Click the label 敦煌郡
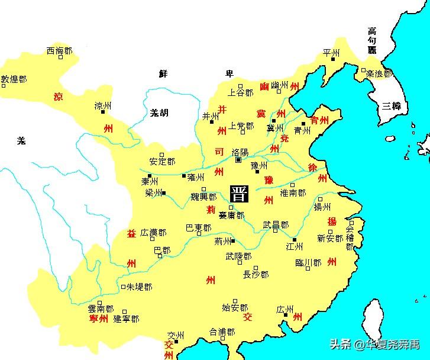click(x=14, y=78)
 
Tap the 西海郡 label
click(x=59, y=52)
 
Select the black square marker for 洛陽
click(x=238, y=160)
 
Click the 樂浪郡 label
click(x=379, y=74)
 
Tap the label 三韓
click(x=391, y=107)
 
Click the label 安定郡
click(x=162, y=161)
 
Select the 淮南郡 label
click(x=293, y=193)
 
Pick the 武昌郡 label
click(x=276, y=226)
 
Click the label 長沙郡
click(x=256, y=274)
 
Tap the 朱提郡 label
click(x=139, y=287)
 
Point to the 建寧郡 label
click(x=126, y=319)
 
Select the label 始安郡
click(x=234, y=307)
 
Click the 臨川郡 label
click(x=308, y=262)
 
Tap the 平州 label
click(x=332, y=53)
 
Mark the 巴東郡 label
click(x=198, y=227)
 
